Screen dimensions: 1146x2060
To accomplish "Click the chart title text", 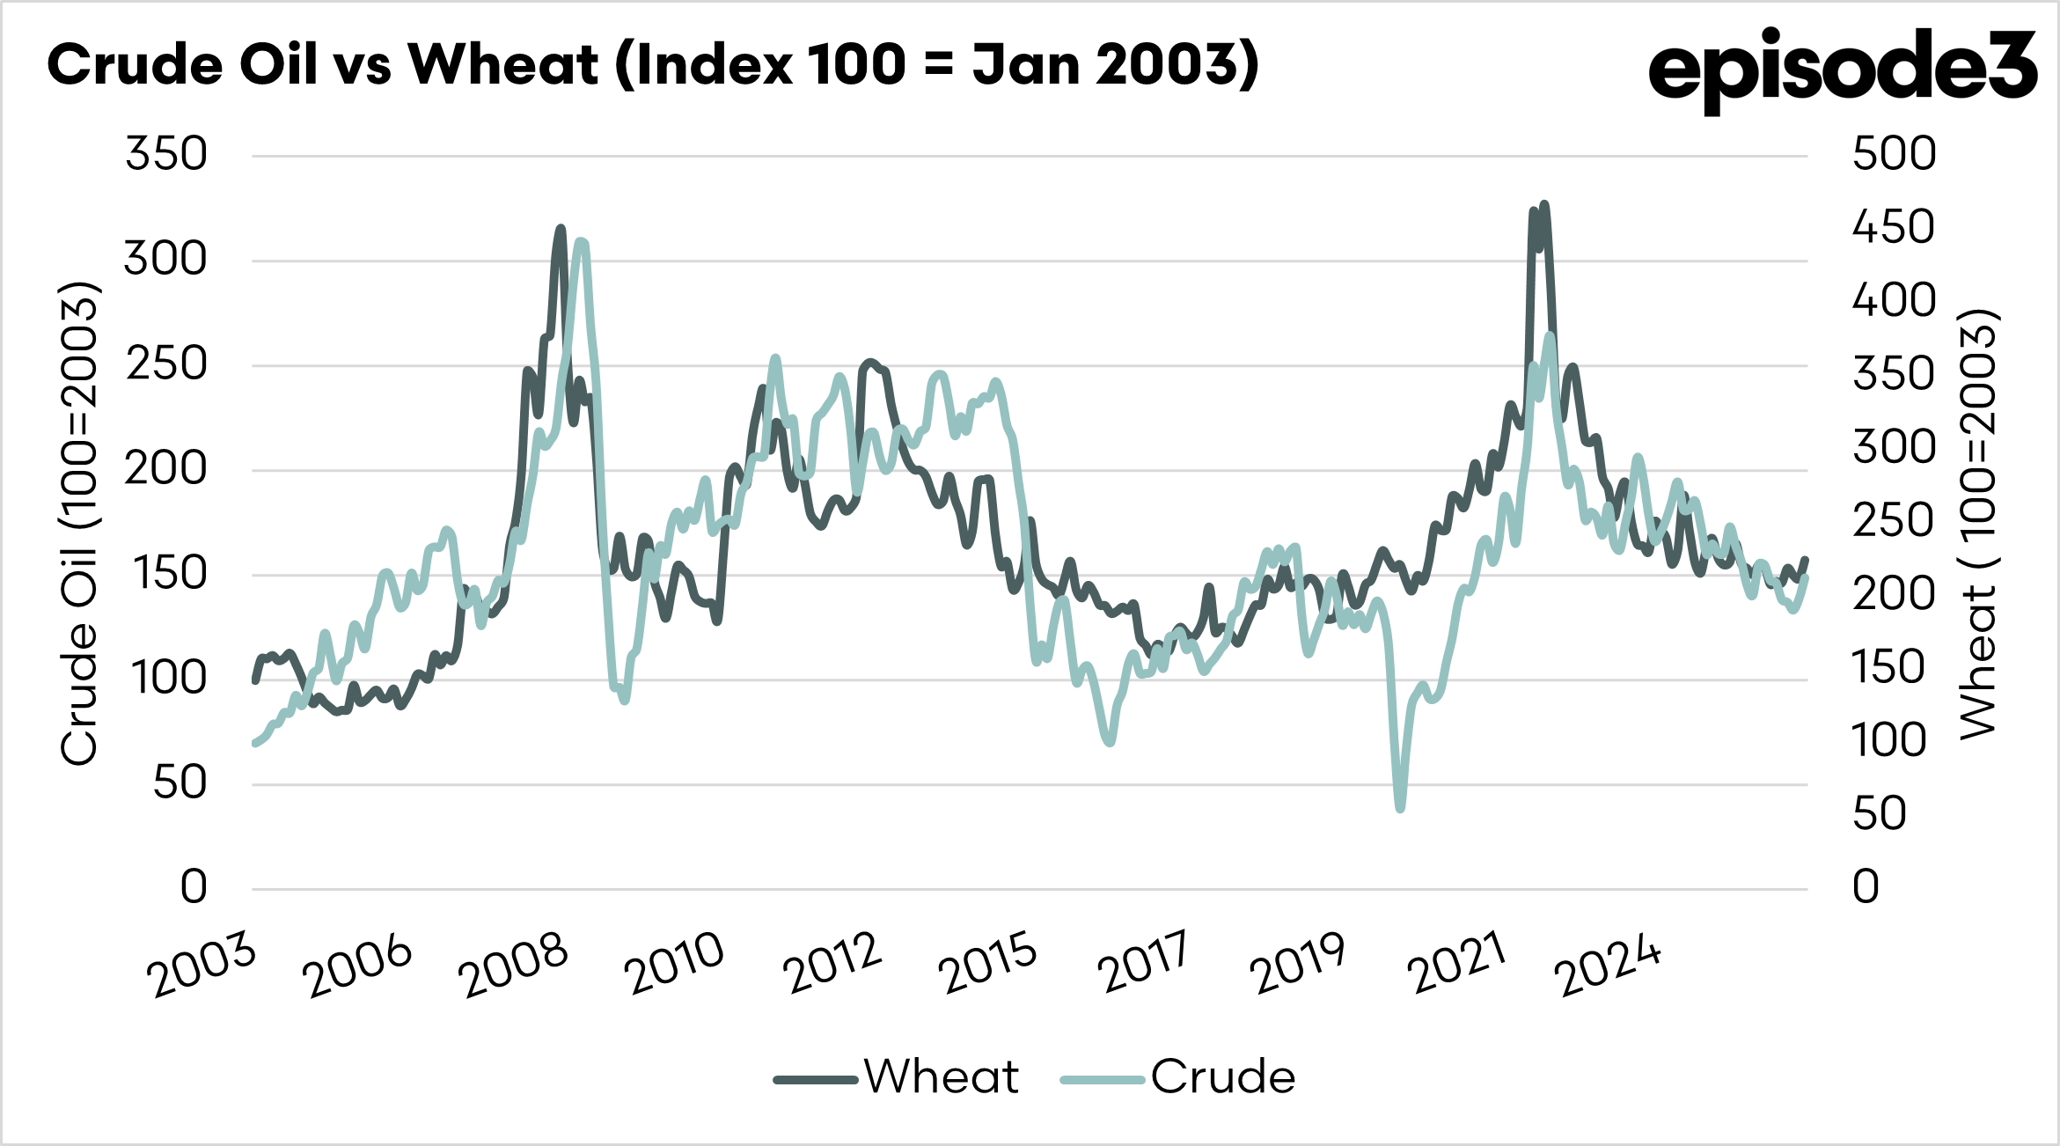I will pos(653,65).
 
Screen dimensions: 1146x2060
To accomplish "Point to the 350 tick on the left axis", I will pos(166,154).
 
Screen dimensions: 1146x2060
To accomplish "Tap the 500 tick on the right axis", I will pos(1894,154).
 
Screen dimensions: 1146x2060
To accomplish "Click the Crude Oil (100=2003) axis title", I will pos(79,524).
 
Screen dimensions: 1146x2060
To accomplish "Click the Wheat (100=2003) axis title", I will pos(1979,524).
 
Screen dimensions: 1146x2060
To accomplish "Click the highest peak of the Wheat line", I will pos(1544,205).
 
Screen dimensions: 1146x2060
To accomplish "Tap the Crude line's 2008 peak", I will pos(580,242).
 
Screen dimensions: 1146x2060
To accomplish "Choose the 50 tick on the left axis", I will pos(180,782).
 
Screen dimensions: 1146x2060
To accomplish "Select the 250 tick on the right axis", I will pos(1894,520).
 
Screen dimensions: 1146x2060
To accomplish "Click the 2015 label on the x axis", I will pos(987,965).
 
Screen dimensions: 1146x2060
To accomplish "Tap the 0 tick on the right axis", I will pos(1866,887).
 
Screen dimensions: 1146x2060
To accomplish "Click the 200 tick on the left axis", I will pos(166,468).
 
